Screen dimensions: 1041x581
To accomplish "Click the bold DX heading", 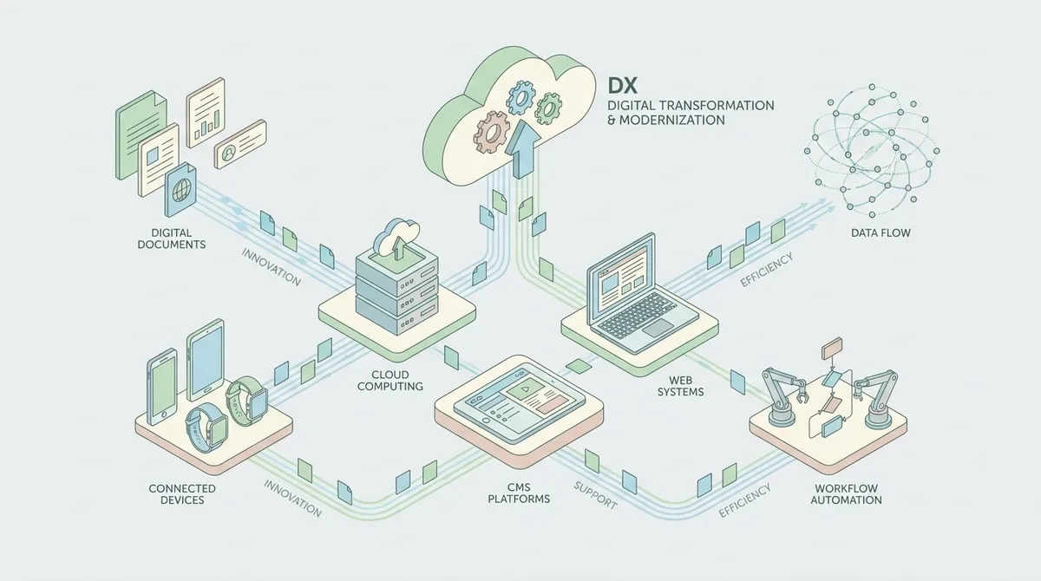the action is click(622, 87).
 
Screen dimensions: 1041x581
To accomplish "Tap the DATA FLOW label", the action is click(881, 232).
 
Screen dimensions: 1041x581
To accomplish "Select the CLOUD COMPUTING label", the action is click(390, 381).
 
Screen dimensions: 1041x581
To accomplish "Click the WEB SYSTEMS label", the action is click(680, 386).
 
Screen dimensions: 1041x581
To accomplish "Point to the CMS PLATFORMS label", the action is click(519, 493).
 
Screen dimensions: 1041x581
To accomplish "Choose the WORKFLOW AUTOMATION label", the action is click(847, 494).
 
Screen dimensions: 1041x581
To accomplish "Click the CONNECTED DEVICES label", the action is click(182, 494).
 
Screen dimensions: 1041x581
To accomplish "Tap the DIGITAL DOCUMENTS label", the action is click(172, 238).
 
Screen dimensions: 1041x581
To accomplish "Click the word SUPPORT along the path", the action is click(595, 495).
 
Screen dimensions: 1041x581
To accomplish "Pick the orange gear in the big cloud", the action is click(491, 133).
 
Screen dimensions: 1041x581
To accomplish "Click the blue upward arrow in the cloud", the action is click(522, 148).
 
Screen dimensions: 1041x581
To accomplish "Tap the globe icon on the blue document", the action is click(180, 190).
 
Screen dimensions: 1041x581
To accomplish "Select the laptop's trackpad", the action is click(658, 328).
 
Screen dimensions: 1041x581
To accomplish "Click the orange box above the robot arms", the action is click(832, 349).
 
